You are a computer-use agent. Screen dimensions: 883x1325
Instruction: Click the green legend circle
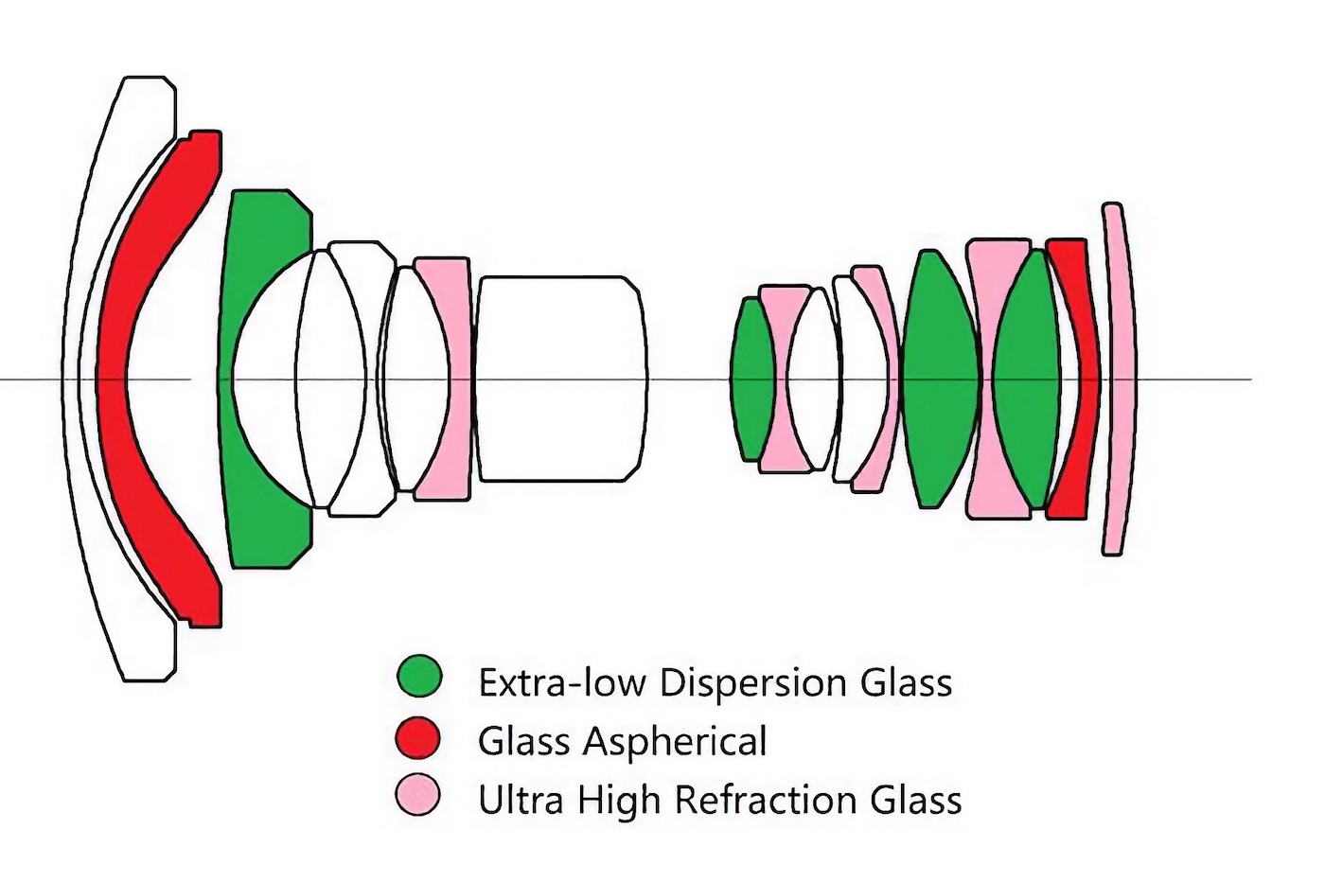click(419, 678)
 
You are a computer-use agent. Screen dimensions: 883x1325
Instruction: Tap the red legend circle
click(419, 738)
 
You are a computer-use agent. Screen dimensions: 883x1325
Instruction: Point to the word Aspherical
click(675, 742)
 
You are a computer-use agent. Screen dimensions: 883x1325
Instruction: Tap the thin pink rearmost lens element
click(1120, 379)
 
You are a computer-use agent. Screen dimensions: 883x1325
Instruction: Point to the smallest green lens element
click(752, 379)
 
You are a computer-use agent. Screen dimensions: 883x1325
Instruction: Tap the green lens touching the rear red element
click(1027, 379)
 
